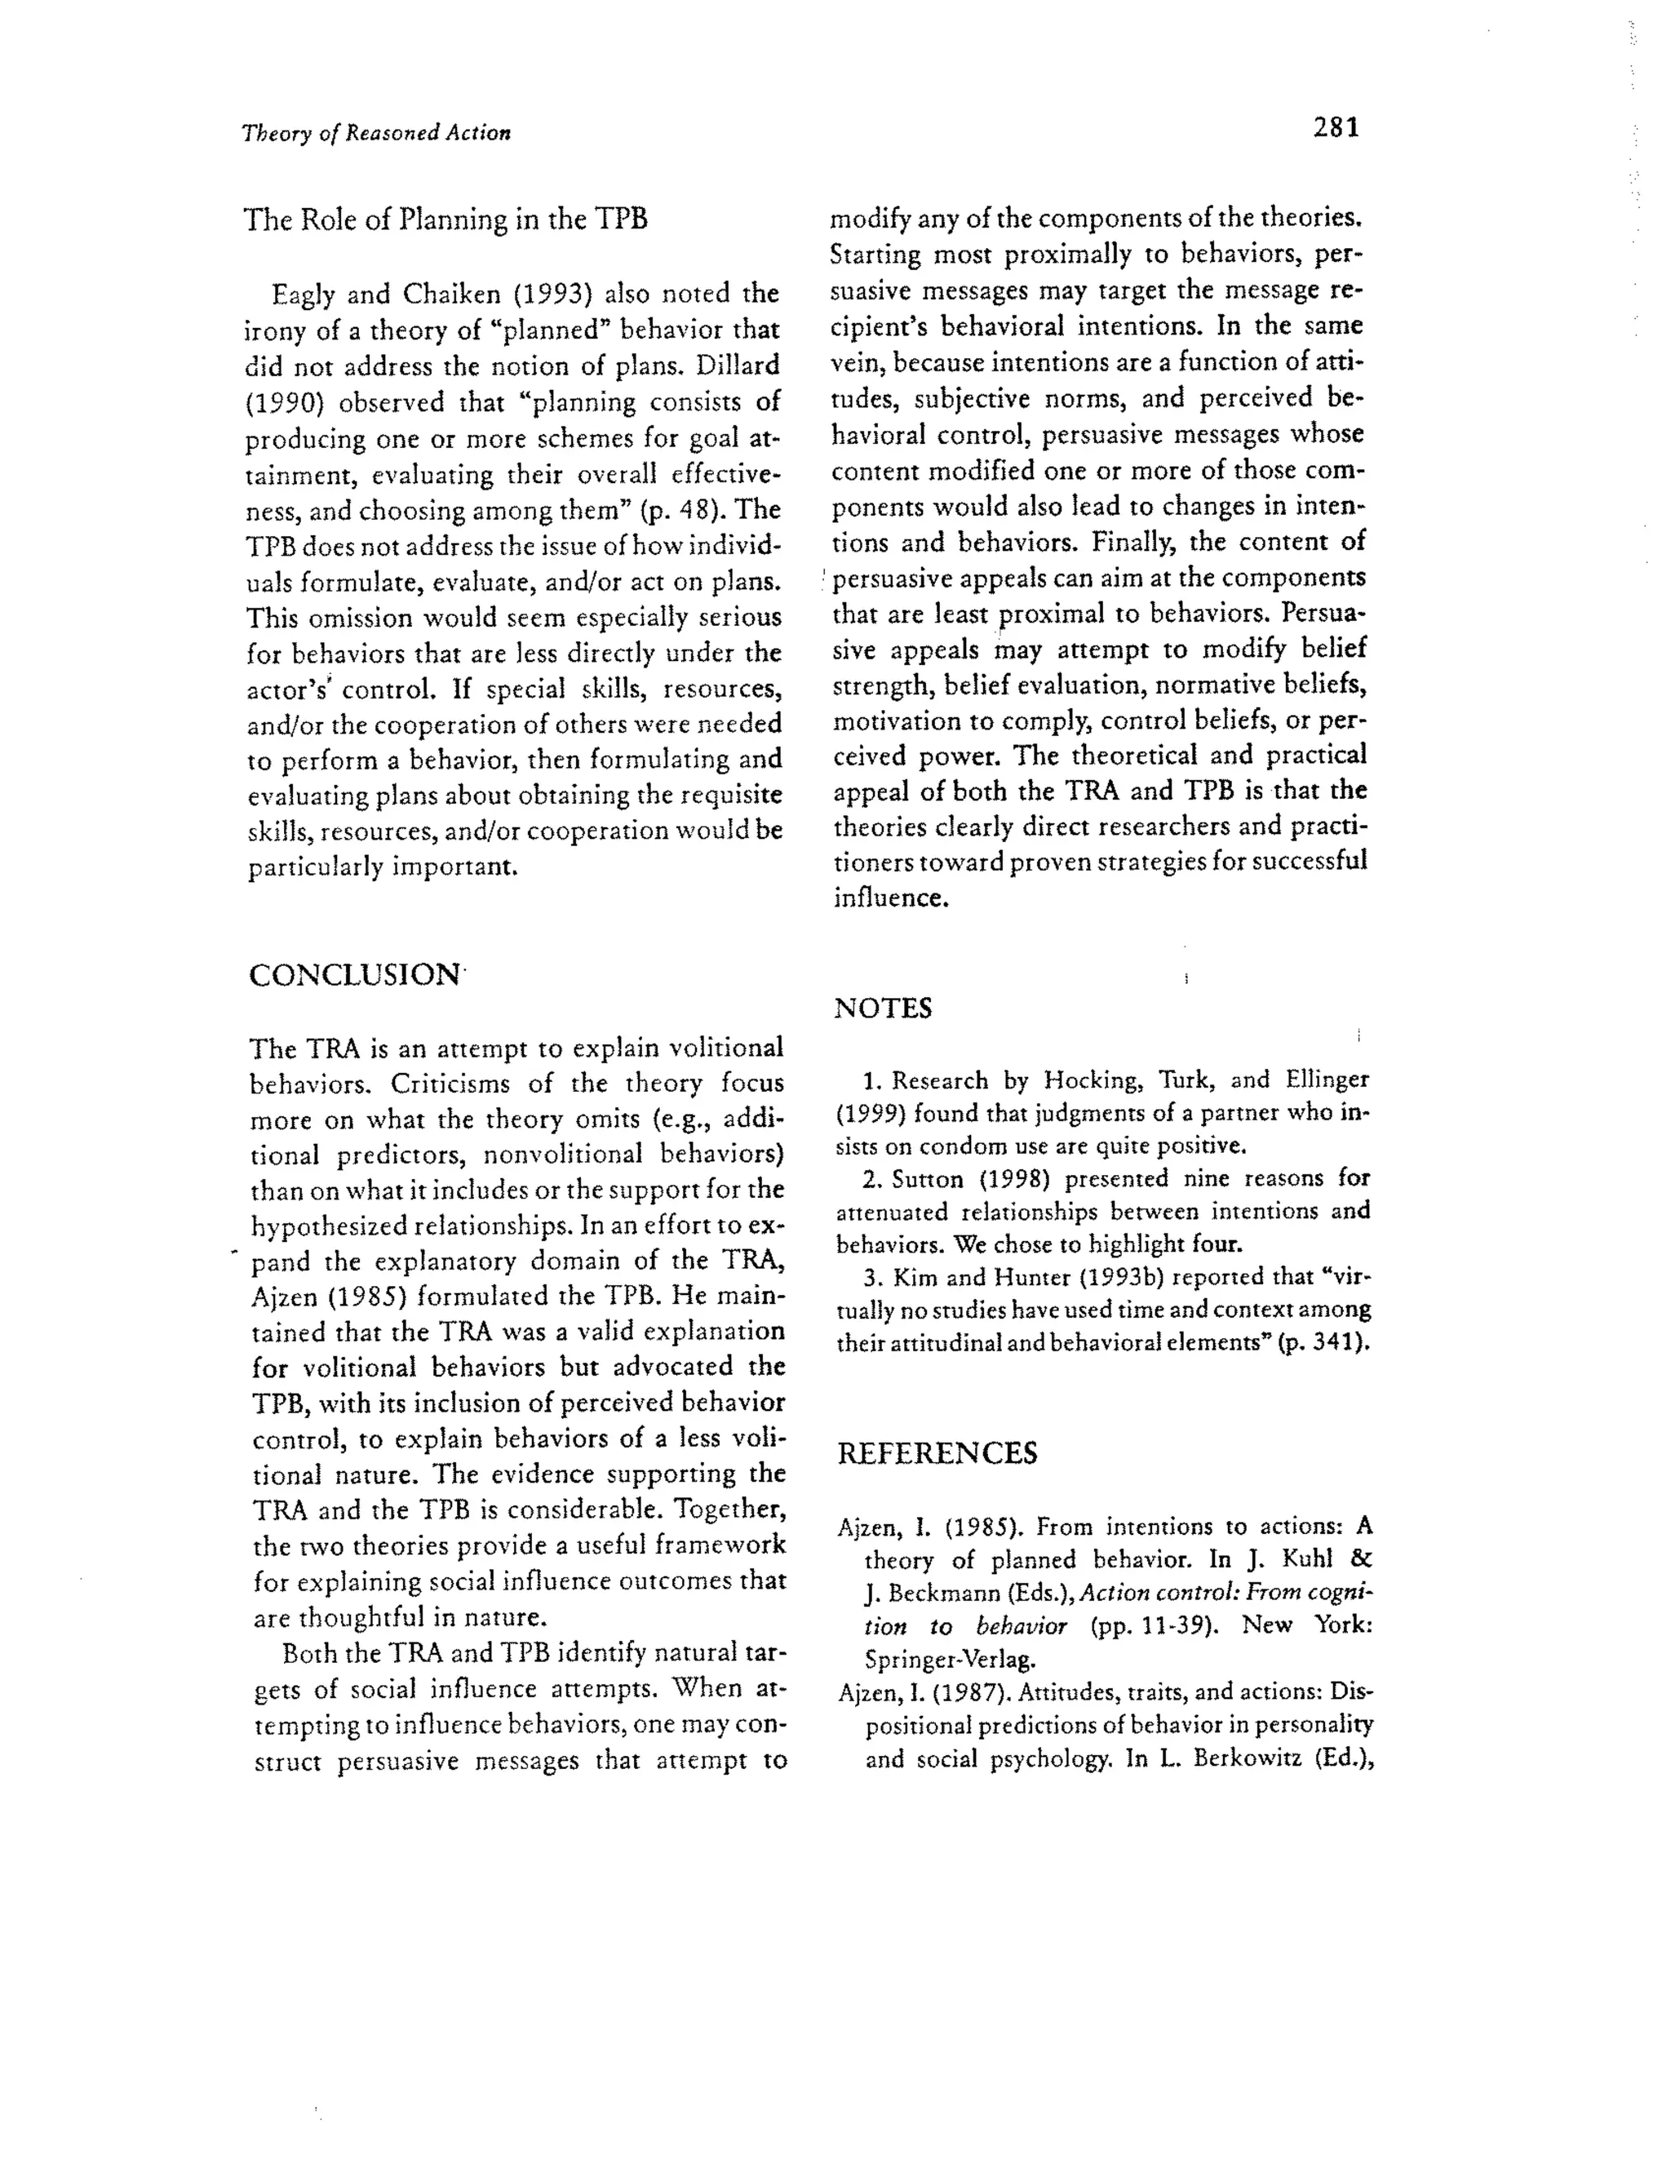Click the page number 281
tap(1336, 128)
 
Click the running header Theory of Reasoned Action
tap(376, 133)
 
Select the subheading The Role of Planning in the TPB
tap(445, 219)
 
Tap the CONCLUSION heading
tap(354, 975)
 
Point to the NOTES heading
tap(883, 1009)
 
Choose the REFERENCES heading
tap(937, 1453)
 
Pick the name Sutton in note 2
tap(925, 1179)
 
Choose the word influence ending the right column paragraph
tap(889, 898)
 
